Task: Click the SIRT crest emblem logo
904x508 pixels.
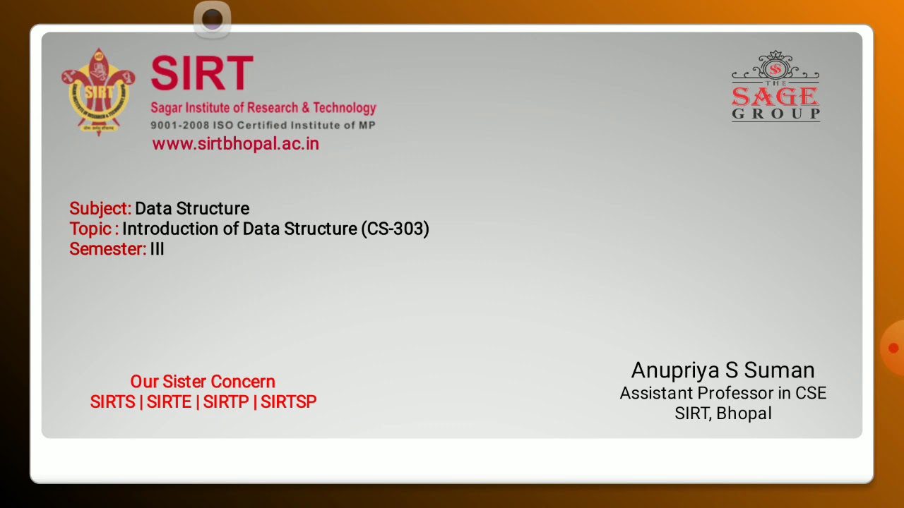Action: (97, 92)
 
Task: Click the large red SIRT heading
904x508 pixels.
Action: (202, 73)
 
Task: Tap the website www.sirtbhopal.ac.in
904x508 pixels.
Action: (235, 144)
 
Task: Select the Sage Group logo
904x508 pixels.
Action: (775, 87)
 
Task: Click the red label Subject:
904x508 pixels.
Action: (100, 209)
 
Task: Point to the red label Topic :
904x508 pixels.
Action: (94, 229)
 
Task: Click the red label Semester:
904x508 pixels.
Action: (107, 249)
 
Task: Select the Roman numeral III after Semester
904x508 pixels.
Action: (157, 249)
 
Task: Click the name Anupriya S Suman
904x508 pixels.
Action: (722, 370)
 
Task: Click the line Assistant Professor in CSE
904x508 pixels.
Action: (722, 393)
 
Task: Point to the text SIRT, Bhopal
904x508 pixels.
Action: (722, 413)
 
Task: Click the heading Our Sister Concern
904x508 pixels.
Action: (203, 382)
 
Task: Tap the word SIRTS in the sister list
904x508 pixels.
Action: (112, 402)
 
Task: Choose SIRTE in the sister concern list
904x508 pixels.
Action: (169, 402)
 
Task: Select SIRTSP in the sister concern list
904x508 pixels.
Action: (288, 402)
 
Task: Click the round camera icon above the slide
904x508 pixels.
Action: (212, 19)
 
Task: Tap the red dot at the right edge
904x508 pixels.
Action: (893, 348)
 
